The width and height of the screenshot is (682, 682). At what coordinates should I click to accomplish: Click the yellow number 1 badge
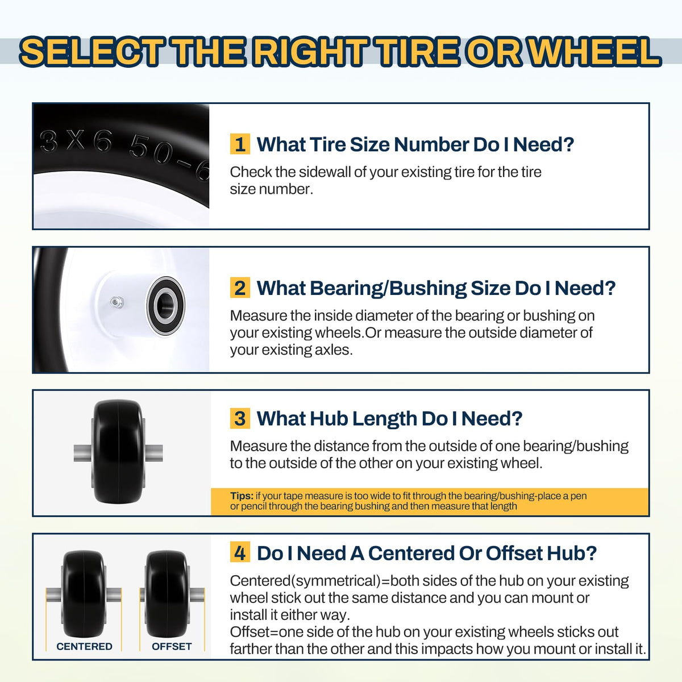[240, 144]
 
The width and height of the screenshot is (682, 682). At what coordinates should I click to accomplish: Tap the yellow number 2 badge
[240, 288]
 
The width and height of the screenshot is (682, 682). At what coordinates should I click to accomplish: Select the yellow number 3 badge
[240, 418]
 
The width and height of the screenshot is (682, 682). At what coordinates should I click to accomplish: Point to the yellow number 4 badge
[240, 552]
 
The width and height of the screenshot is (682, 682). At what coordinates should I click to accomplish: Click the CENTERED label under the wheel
[84, 646]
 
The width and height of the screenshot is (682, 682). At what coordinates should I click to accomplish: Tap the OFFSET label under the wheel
[172, 646]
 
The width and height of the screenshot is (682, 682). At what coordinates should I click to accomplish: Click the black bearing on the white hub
[165, 305]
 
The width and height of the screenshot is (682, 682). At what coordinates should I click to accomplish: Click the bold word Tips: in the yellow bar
[242, 496]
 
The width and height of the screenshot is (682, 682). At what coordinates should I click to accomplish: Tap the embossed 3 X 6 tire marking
[76, 141]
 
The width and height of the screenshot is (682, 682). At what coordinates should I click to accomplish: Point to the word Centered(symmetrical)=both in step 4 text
[322, 581]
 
